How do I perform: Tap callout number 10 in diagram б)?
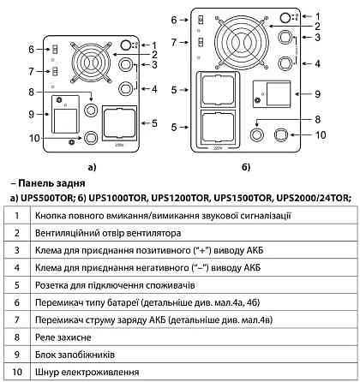pyautogui.click(x=321, y=134)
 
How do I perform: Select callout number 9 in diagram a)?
pyautogui.click(x=32, y=114)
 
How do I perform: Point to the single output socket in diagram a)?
pyautogui.click(x=120, y=123)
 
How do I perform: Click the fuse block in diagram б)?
pyautogui.click(x=272, y=94)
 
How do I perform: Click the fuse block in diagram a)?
pyautogui.click(x=65, y=114)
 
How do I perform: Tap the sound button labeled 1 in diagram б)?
pyautogui.click(x=285, y=18)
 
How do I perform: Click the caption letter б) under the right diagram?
pyautogui.click(x=246, y=167)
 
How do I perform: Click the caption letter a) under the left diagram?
pyautogui.click(x=92, y=167)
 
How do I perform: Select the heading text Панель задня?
pyautogui.click(x=51, y=183)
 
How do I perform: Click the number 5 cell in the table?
pyautogui.click(x=17, y=285)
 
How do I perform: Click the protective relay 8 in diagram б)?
pyautogui.click(x=256, y=134)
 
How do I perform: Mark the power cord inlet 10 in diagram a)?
pyautogui.click(x=91, y=137)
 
